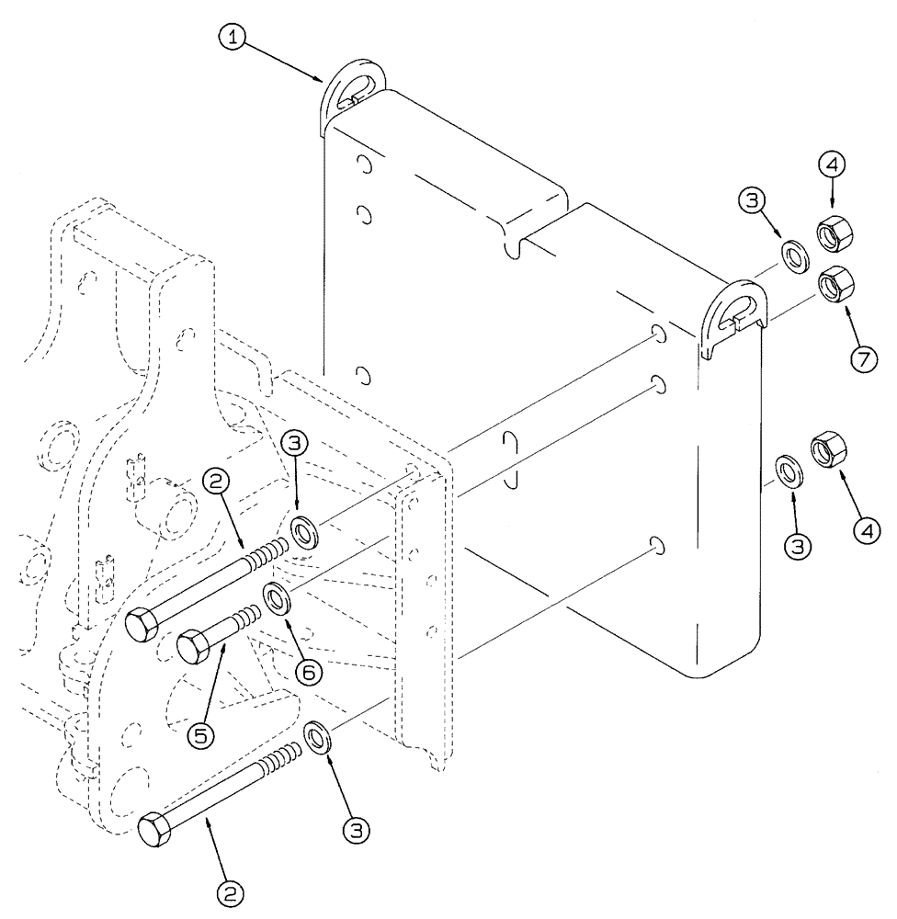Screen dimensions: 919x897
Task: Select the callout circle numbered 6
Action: [x=308, y=672]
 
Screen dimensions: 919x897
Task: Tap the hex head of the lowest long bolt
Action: [x=152, y=830]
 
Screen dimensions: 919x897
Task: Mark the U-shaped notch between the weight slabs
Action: [x=513, y=242]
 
